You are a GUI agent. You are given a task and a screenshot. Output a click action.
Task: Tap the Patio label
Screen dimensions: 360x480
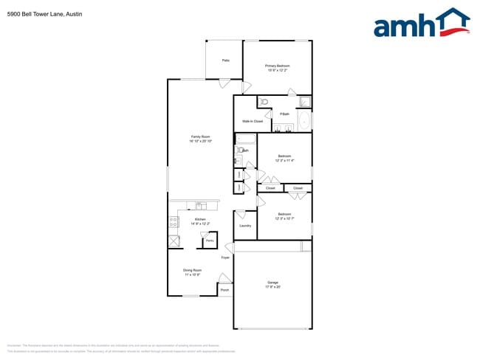[224, 60]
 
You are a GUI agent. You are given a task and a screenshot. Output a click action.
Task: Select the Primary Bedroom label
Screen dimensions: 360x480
[278, 66]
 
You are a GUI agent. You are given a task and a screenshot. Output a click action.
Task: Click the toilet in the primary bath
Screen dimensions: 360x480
[264, 102]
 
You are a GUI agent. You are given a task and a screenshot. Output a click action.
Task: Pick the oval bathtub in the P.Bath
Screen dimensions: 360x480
[304, 121]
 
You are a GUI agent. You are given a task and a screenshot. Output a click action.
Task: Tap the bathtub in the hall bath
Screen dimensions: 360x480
[245, 139]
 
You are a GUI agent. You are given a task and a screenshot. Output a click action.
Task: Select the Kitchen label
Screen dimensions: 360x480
[200, 219]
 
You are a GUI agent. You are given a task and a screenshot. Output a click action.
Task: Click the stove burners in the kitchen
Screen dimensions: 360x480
[173, 219]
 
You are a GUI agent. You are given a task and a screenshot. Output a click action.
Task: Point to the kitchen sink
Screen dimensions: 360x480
[199, 206]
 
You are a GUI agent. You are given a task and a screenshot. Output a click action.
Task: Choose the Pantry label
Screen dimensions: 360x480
[210, 240]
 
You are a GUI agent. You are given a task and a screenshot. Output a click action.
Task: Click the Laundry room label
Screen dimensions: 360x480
[245, 226]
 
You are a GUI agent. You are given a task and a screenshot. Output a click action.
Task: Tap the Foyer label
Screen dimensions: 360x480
[225, 257]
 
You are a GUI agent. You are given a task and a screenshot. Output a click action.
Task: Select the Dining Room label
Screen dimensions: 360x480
[193, 270]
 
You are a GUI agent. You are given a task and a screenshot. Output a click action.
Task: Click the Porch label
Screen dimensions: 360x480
[224, 290]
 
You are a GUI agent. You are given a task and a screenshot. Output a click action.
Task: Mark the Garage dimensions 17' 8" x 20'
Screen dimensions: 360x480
[272, 287]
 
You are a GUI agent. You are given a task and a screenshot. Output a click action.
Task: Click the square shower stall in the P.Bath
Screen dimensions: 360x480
[305, 102]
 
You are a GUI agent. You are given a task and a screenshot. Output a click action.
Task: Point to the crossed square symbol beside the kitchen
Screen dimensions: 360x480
[174, 241]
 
